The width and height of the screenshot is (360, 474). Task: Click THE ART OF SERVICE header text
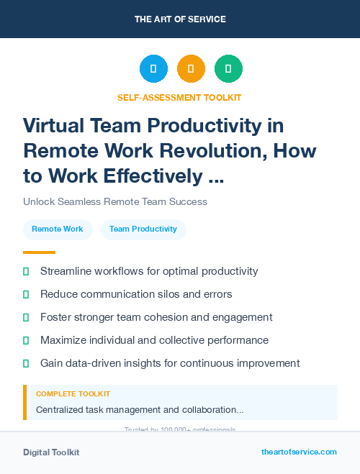click(180, 19)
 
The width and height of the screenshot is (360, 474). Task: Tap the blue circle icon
click(153, 69)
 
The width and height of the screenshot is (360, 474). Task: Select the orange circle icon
click(191, 69)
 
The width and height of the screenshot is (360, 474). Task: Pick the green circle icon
click(228, 69)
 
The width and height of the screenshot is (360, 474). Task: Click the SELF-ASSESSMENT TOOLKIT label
click(179, 97)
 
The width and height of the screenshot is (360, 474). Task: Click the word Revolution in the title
click(223, 151)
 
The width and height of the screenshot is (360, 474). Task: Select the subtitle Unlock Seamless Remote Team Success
click(115, 201)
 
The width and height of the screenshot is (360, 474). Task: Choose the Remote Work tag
click(58, 229)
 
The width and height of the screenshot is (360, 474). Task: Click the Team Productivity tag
click(143, 229)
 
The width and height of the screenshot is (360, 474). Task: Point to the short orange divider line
click(39, 252)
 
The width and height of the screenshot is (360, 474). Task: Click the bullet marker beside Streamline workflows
click(26, 272)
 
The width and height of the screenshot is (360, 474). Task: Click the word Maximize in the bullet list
click(65, 340)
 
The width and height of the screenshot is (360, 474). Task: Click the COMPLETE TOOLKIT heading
click(73, 394)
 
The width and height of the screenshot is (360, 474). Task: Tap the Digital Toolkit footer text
click(51, 452)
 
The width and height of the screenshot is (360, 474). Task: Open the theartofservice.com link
click(299, 452)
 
